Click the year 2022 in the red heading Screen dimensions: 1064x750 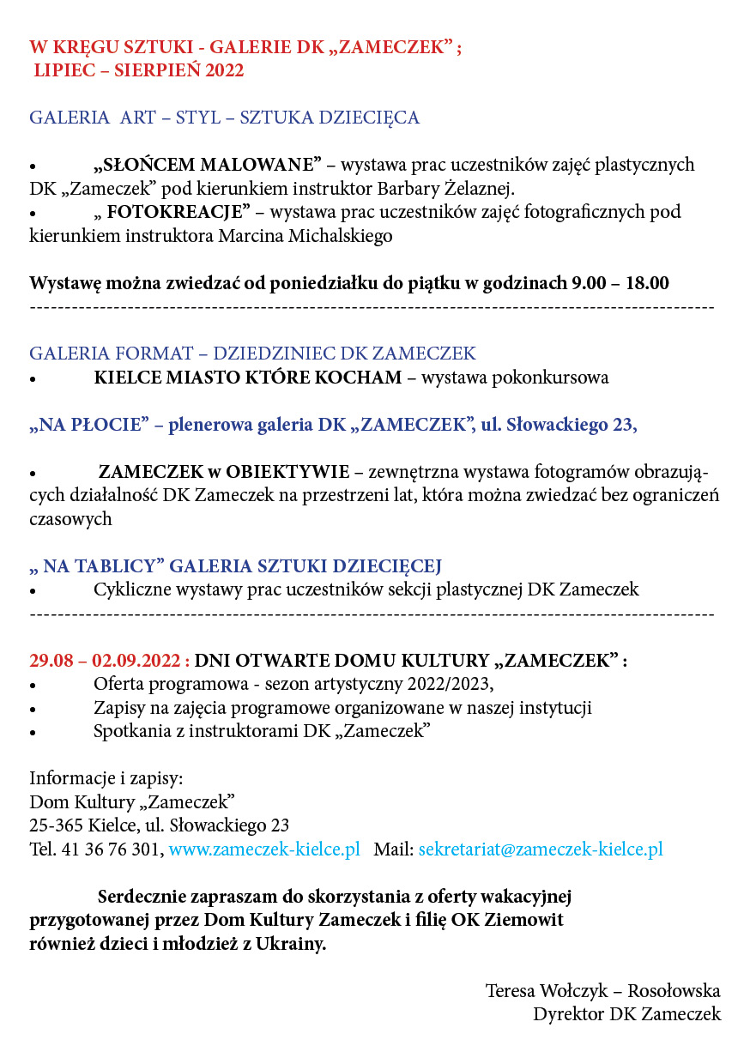click(x=224, y=70)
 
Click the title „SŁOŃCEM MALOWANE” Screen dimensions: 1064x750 click(x=207, y=164)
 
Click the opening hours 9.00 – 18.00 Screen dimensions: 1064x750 click(x=620, y=282)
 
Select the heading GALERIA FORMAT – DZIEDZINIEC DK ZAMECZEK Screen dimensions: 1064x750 click(x=252, y=353)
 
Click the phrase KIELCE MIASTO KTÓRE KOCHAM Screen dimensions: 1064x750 click(x=247, y=377)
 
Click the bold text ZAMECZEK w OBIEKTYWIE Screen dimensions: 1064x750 click(x=224, y=471)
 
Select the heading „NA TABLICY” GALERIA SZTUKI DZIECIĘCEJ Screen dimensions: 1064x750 click(x=235, y=565)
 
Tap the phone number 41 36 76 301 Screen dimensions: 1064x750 click(x=110, y=849)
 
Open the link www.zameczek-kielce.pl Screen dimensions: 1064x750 click(x=264, y=849)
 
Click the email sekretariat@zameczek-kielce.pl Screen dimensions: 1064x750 click(x=541, y=849)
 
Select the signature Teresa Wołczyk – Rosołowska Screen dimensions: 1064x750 click(x=602, y=990)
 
